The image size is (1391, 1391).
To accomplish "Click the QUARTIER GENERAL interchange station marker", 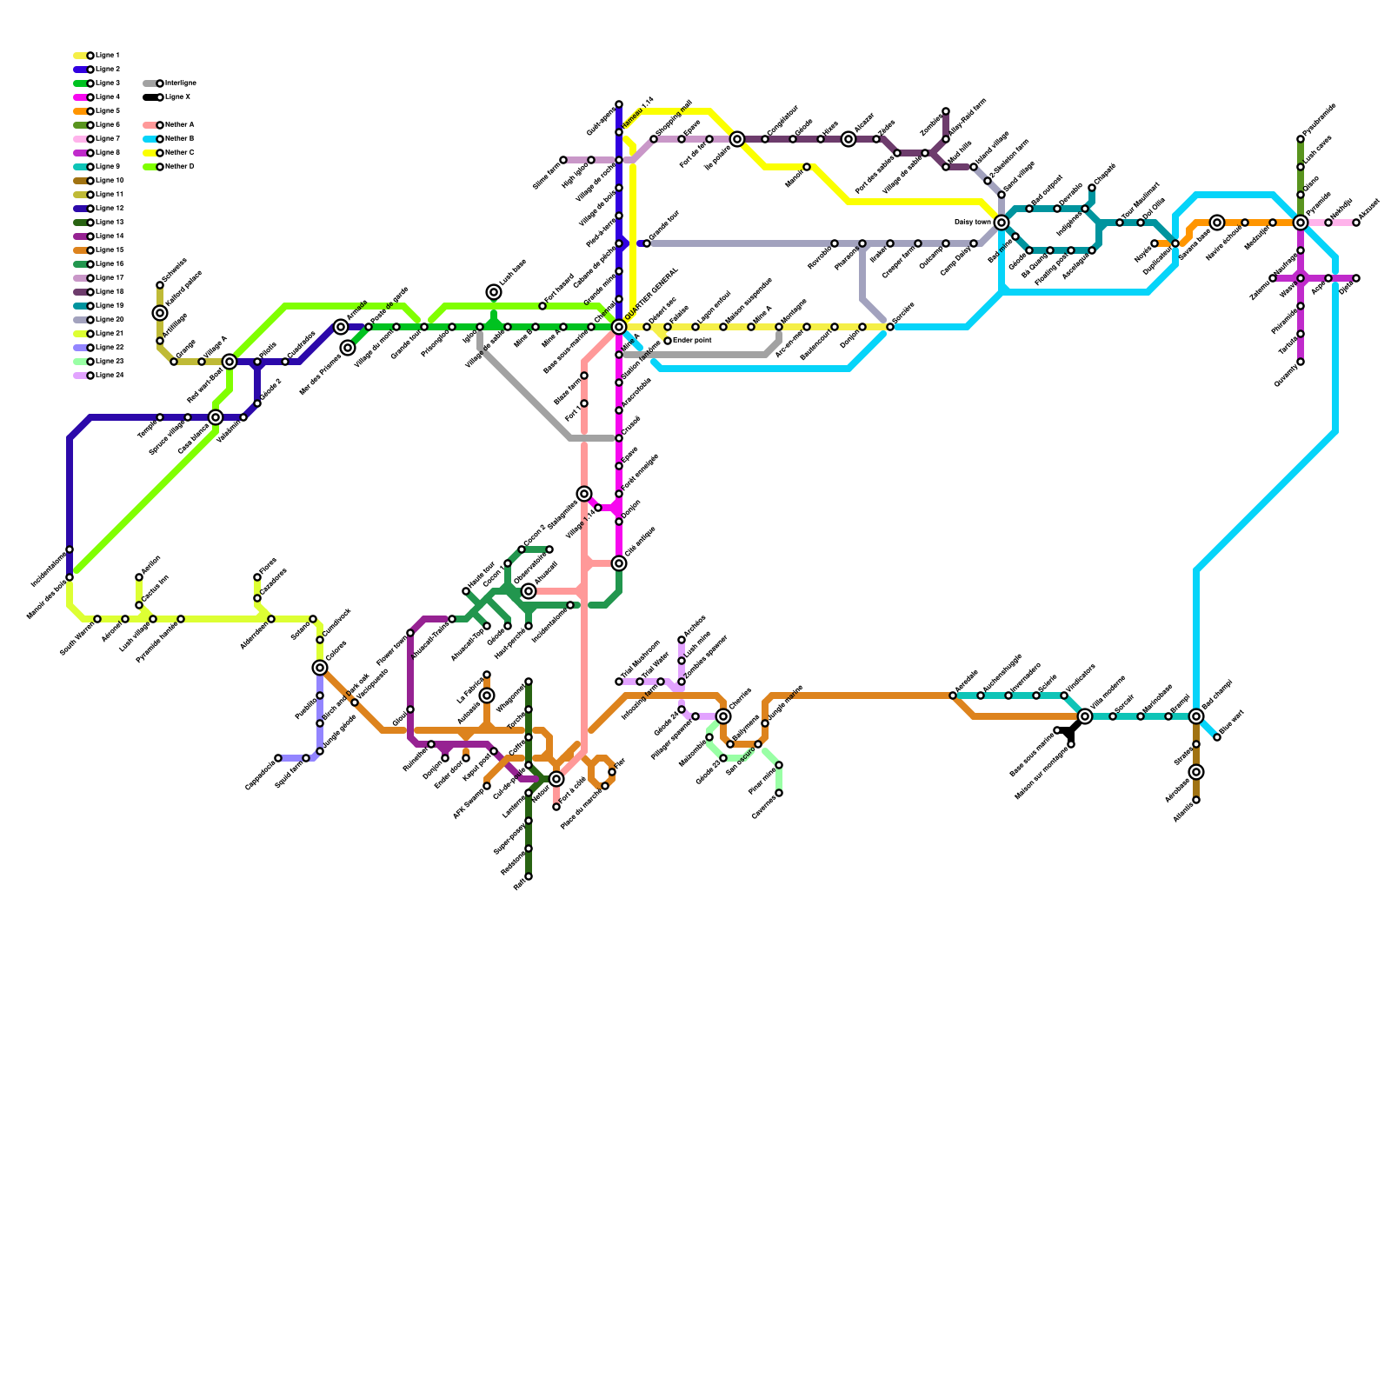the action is coord(619,327).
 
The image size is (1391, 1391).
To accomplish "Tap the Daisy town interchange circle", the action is coord(1002,223).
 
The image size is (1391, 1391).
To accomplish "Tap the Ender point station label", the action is coord(692,341).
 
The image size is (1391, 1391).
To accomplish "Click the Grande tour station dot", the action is coord(647,243).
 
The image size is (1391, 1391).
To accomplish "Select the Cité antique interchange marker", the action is coord(619,563).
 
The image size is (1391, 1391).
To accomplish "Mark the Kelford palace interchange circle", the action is coord(160,313).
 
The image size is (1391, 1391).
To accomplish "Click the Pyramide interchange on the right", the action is coord(1301,223).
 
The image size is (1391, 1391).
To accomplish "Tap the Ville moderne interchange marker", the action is coord(1085,716).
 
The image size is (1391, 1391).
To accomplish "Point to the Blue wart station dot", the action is coord(1217,737).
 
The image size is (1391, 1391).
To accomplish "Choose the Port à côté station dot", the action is coord(556,807).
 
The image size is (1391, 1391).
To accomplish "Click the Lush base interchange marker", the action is coord(494,292).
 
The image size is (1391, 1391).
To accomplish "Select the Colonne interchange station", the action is coord(320,668).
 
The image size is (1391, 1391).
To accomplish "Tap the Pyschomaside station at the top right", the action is coord(1301,139).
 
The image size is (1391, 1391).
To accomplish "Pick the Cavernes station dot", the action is coord(779,793).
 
